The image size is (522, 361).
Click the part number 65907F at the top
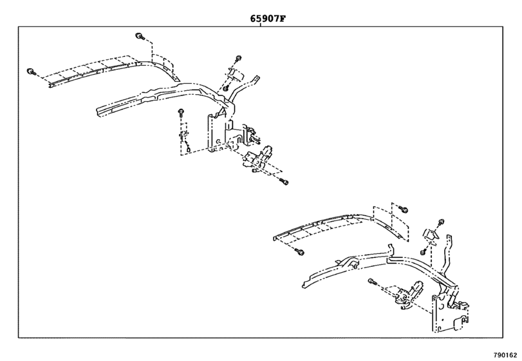267,19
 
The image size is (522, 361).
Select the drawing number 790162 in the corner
505,355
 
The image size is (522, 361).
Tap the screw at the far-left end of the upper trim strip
30,71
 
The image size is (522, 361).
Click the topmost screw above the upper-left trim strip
139,35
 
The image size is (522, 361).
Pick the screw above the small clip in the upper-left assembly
238,59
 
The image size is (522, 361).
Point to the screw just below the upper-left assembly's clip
227,88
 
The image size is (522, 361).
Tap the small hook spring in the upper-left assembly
185,143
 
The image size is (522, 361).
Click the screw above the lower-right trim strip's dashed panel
404,209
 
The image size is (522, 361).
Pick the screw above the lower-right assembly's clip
441,221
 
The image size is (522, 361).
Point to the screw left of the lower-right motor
373,280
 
